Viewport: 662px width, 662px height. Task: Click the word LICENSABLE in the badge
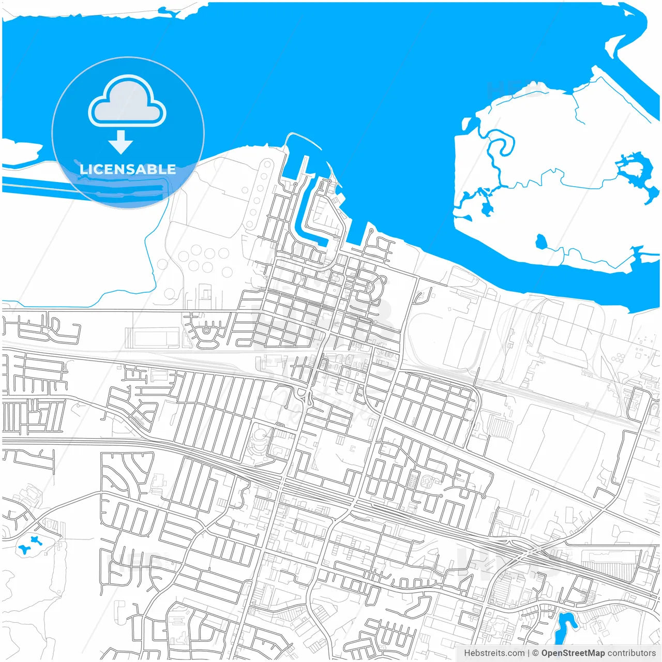[128, 169]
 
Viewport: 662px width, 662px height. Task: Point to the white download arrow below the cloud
[121, 142]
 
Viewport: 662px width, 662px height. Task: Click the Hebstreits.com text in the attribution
[494, 653]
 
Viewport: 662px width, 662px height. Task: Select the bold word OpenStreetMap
[573, 653]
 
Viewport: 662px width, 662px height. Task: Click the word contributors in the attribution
[631, 653]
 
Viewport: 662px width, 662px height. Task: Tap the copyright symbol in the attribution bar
[536, 653]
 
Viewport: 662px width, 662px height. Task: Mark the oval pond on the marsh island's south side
[541, 242]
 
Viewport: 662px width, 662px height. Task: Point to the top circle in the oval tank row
[267, 165]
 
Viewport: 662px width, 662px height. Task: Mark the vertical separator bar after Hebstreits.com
[529, 653]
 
